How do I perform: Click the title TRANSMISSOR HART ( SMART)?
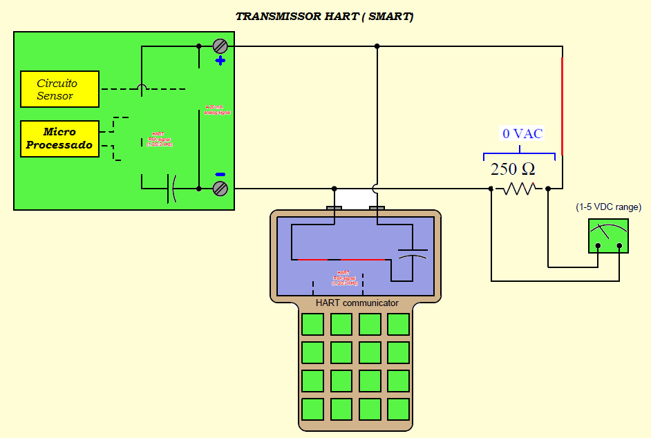(324, 17)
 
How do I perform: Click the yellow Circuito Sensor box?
(59, 89)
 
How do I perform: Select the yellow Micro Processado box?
(59, 138)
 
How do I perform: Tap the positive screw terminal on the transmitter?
(220, 46)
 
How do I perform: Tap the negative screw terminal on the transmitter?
(220, 188)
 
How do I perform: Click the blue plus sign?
(220, 61)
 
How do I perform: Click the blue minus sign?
(220, 174)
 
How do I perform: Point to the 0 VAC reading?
(522, 134)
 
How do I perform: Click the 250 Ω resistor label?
(513, 169)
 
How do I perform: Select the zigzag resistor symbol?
(520, 188)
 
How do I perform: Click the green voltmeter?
(607, 236)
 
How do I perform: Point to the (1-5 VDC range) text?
(608, 207)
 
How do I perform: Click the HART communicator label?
(357, 303)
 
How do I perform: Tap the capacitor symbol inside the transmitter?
(171, 188)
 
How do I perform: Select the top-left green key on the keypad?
(312, 324)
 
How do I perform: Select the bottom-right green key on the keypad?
(398, 409)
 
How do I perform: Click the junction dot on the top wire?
(377, 46)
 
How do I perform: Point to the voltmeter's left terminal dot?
(598, 246)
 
